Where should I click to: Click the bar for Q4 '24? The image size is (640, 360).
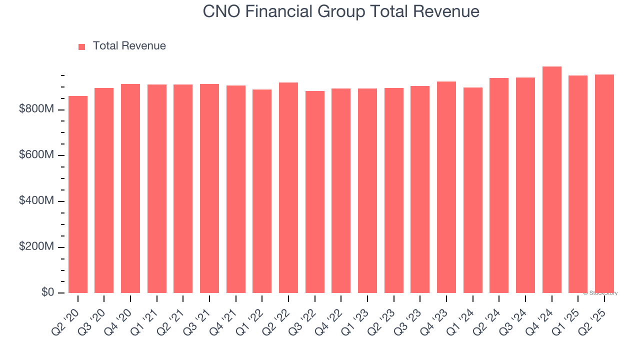coord(551,180)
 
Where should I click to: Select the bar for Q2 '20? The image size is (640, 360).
coord(78,194)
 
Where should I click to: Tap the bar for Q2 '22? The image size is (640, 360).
coord(288,187)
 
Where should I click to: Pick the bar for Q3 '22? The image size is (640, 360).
coord(315,192)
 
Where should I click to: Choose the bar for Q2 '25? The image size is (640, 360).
coord(604,183)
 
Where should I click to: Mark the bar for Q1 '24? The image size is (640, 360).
coord(472,190)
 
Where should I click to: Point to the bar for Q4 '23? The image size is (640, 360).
coord(446,187)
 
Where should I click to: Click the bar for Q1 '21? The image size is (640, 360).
coord(157,188)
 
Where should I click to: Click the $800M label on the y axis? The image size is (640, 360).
coord(36,109)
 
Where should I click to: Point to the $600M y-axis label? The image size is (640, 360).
coord(36,155)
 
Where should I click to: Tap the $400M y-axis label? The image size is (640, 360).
coord(36,201)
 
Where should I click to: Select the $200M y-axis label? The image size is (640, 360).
coord(36,247)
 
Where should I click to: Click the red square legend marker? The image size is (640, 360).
coord(82,46)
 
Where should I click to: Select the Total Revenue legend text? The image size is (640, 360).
coord(129,46)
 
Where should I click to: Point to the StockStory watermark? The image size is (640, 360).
coord(600,293)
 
